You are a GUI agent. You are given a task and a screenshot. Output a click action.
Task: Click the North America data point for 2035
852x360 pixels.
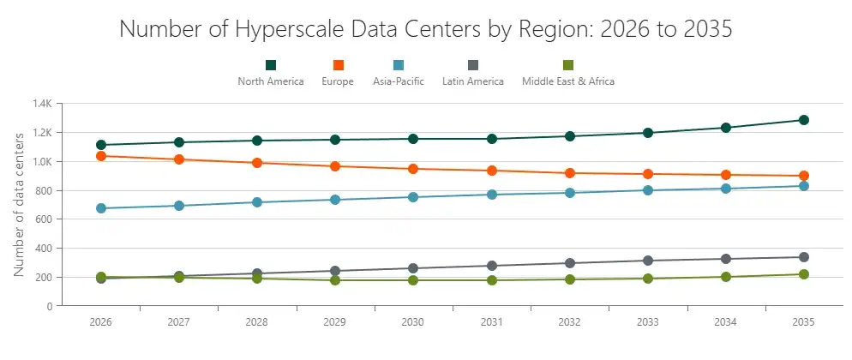(x=803, y=120)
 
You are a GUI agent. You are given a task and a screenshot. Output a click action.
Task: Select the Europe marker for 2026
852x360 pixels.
(x=101, y=156)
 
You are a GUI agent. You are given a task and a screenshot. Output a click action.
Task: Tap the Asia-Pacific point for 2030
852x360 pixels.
(x=413, y=197)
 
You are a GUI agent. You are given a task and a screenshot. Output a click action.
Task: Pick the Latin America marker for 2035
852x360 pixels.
(x=803, y=257)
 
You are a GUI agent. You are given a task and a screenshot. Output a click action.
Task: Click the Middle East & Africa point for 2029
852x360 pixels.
(x=335, y=280)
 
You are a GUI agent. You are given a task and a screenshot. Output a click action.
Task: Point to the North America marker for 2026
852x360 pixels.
(x=101, y=145)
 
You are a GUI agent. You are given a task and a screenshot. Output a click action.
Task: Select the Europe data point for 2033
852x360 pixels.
(x=647, y=174)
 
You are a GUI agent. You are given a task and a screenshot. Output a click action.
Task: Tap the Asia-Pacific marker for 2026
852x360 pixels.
(x=101, y=208)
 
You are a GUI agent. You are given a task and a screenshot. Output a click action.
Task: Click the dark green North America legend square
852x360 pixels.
(x=271, y=65)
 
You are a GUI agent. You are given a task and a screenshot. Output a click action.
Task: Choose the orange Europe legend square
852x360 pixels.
(x=338, y=65)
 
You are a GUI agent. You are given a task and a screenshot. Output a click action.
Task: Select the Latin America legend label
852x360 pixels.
(x=472, y=82)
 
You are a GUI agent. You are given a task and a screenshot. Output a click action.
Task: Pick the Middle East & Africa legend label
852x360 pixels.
(x=567, y=82)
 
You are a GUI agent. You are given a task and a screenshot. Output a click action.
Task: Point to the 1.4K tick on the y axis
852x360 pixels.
(x=42, y=104)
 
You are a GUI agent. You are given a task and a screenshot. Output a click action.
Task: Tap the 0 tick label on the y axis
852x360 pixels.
(x=50, y=306)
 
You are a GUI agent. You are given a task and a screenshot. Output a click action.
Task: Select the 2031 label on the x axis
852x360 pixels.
(x=491, y=322)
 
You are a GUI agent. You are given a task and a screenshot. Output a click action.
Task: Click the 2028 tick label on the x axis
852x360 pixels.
(x=257, y=322)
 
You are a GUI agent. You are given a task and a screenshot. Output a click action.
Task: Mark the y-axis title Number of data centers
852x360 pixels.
(x=19, y=204)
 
